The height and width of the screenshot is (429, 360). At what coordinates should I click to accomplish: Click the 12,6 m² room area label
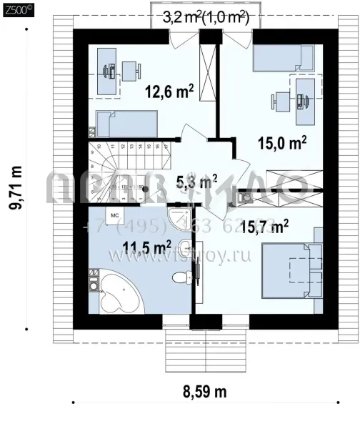click(x=169, y=92)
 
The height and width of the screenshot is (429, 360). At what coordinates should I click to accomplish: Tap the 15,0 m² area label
click(x=282, y=142)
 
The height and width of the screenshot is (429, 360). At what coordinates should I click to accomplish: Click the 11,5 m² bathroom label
click(x=146, y=248)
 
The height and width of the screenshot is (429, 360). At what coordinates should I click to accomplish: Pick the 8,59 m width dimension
click(x=201, y=392)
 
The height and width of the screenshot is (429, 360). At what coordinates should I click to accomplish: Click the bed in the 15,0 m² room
click(x=284, y=57)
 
